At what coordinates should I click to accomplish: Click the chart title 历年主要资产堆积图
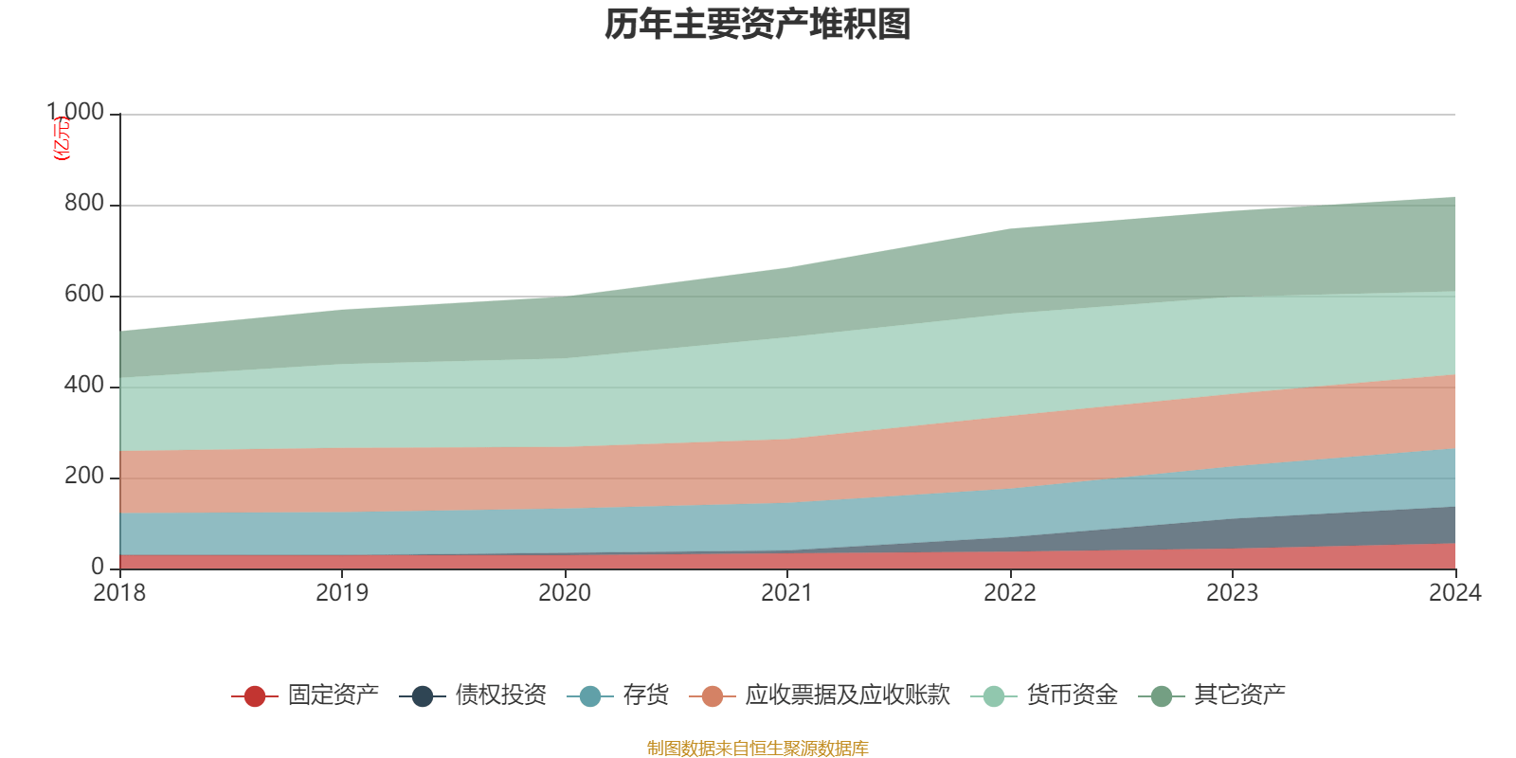758,25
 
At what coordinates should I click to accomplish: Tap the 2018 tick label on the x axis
119,593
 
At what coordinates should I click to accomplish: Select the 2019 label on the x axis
342,593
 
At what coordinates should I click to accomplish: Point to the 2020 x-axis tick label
565,593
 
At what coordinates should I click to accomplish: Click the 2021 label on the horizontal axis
787,593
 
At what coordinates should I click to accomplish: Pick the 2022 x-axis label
1010,593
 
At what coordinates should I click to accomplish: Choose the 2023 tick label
1232,593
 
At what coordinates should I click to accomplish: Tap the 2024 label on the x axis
1454,593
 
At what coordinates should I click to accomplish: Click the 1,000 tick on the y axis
76,113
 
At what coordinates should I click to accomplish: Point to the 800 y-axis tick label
83,204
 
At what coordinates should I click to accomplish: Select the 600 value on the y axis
83,295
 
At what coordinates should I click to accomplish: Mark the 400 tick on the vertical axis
83,386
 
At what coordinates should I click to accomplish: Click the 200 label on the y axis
83,477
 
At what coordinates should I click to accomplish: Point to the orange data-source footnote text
758,749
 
